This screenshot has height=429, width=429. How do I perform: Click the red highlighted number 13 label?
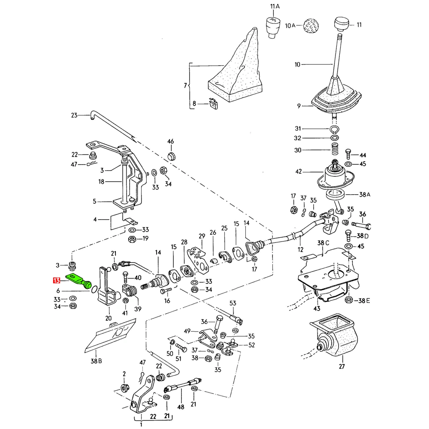56,281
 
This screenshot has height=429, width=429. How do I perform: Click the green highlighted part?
79,280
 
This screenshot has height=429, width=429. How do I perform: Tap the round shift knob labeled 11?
342,23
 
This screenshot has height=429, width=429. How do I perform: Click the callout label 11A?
275,6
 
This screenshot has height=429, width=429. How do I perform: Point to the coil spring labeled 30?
335,150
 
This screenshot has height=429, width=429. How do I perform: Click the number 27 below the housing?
342,366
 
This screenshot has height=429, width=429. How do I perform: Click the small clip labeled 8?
213,104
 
